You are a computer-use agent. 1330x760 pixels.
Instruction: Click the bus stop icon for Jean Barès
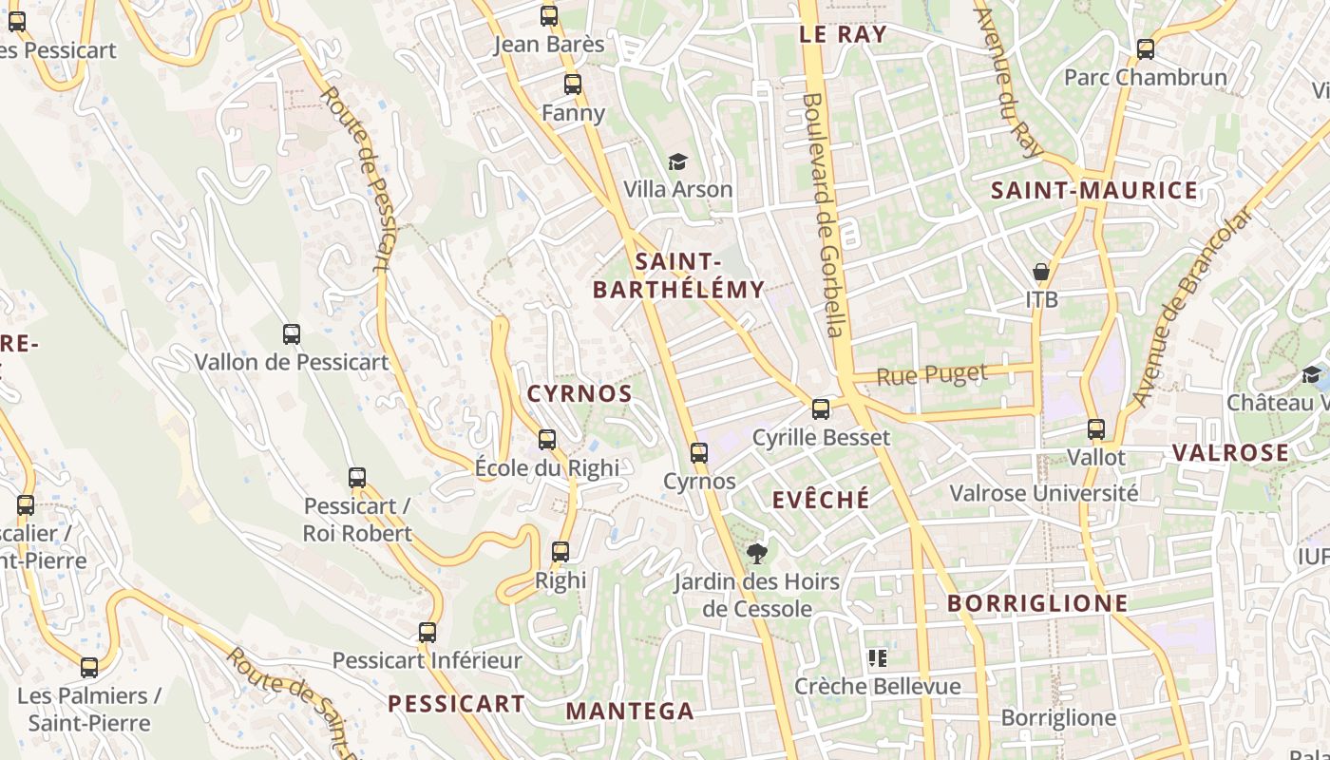point(549,16)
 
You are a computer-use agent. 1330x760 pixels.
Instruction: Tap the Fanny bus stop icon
point(573,85)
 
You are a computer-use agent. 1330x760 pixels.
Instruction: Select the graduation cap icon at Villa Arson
point(677,161)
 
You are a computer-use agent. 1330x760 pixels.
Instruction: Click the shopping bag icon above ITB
point(1041,272)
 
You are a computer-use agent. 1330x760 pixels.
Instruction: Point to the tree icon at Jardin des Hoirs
point(756,553)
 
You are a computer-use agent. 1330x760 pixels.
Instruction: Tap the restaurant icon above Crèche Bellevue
point(877,657)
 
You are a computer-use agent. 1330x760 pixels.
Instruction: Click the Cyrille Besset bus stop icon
point(821,410)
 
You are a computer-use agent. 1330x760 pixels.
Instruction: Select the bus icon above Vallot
point(1096,429)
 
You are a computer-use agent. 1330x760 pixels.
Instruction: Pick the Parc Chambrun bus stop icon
point(1146,49)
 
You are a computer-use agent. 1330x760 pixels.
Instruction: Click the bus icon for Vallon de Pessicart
point(292,334)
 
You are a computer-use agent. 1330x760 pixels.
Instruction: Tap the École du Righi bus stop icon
point(547,440)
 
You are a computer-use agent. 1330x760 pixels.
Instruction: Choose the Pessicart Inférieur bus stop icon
point(427,633)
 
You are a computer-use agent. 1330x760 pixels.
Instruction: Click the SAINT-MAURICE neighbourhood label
point(1094,190)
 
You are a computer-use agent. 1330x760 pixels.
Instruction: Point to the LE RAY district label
point(843,35)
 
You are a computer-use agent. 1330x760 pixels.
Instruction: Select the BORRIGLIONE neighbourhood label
point(1037,603)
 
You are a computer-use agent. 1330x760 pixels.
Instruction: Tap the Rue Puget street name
point(932,375)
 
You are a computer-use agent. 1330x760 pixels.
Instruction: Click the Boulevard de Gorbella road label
point(823,214)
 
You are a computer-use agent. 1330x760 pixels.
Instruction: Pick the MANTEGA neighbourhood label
point(630,711)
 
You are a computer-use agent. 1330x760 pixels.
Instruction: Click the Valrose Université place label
point(1044,493)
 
